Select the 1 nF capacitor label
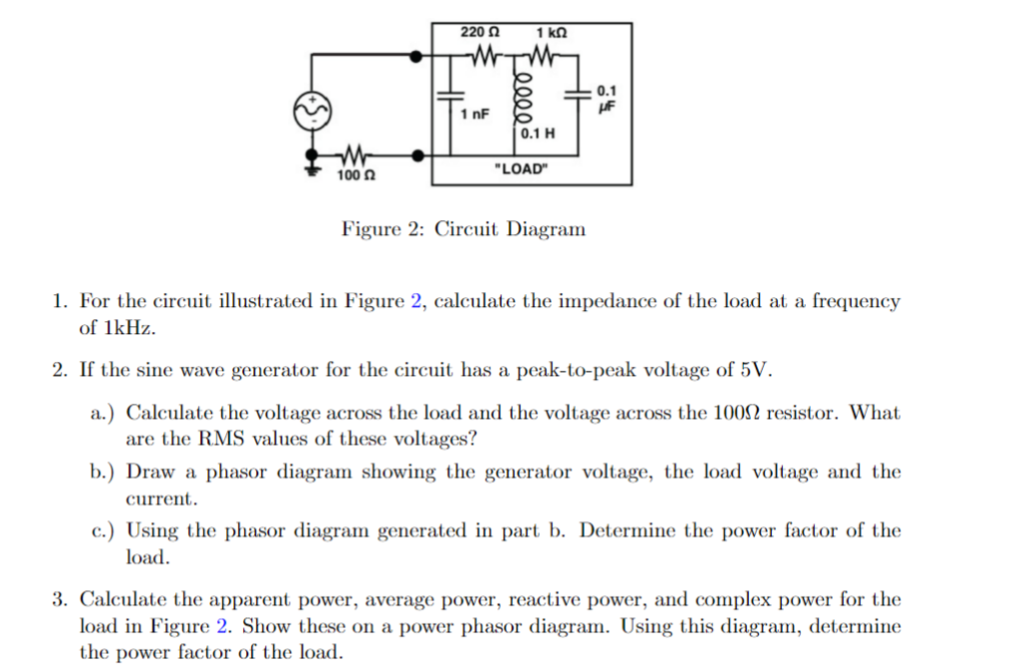pyautogui.click(x=475, y=115)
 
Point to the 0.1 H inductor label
pyautogui.click(x=538, y=133)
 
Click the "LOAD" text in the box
pyautogui.click(x=522, y=168)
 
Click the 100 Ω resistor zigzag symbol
pyautogui.click(x=354, y=156)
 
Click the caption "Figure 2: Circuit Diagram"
pyautogui.click(x=463, y=229)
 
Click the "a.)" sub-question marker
pyautogui.click(x=104, y=413)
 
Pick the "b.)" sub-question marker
pyautogui.click(x=104, y=472)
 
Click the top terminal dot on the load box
pyautogui.click(x=419, y=59)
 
